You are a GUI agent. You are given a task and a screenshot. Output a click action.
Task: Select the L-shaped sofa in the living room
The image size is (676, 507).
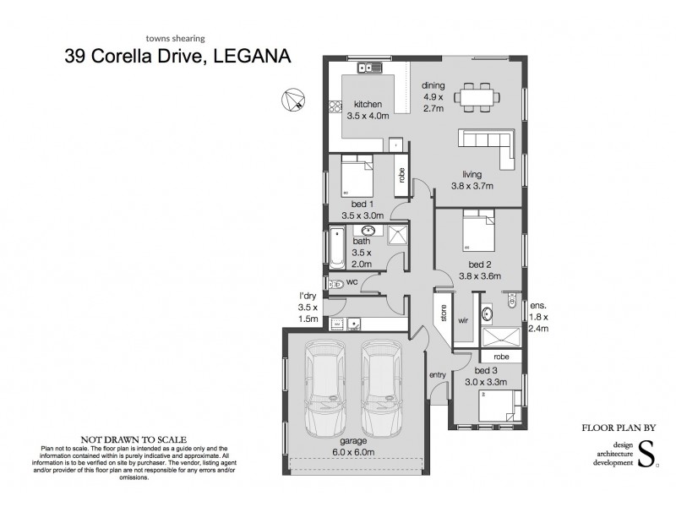tap(488, 144)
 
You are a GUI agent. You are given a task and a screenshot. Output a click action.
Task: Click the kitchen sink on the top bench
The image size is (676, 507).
tap(369, 68)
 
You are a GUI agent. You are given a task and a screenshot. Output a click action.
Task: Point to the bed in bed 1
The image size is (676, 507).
tap(357, 179)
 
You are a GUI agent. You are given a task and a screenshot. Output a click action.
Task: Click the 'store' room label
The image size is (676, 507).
tap(441, 313)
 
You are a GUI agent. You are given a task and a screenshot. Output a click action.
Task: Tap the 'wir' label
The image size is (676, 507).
tap(463, 321)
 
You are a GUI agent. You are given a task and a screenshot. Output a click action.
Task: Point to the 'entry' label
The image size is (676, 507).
tap(438, 374)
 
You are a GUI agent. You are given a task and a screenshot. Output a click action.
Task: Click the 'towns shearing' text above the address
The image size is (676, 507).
tap(176, 38)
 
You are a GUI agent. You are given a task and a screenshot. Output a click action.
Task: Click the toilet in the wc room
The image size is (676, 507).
tap(335, 284)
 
